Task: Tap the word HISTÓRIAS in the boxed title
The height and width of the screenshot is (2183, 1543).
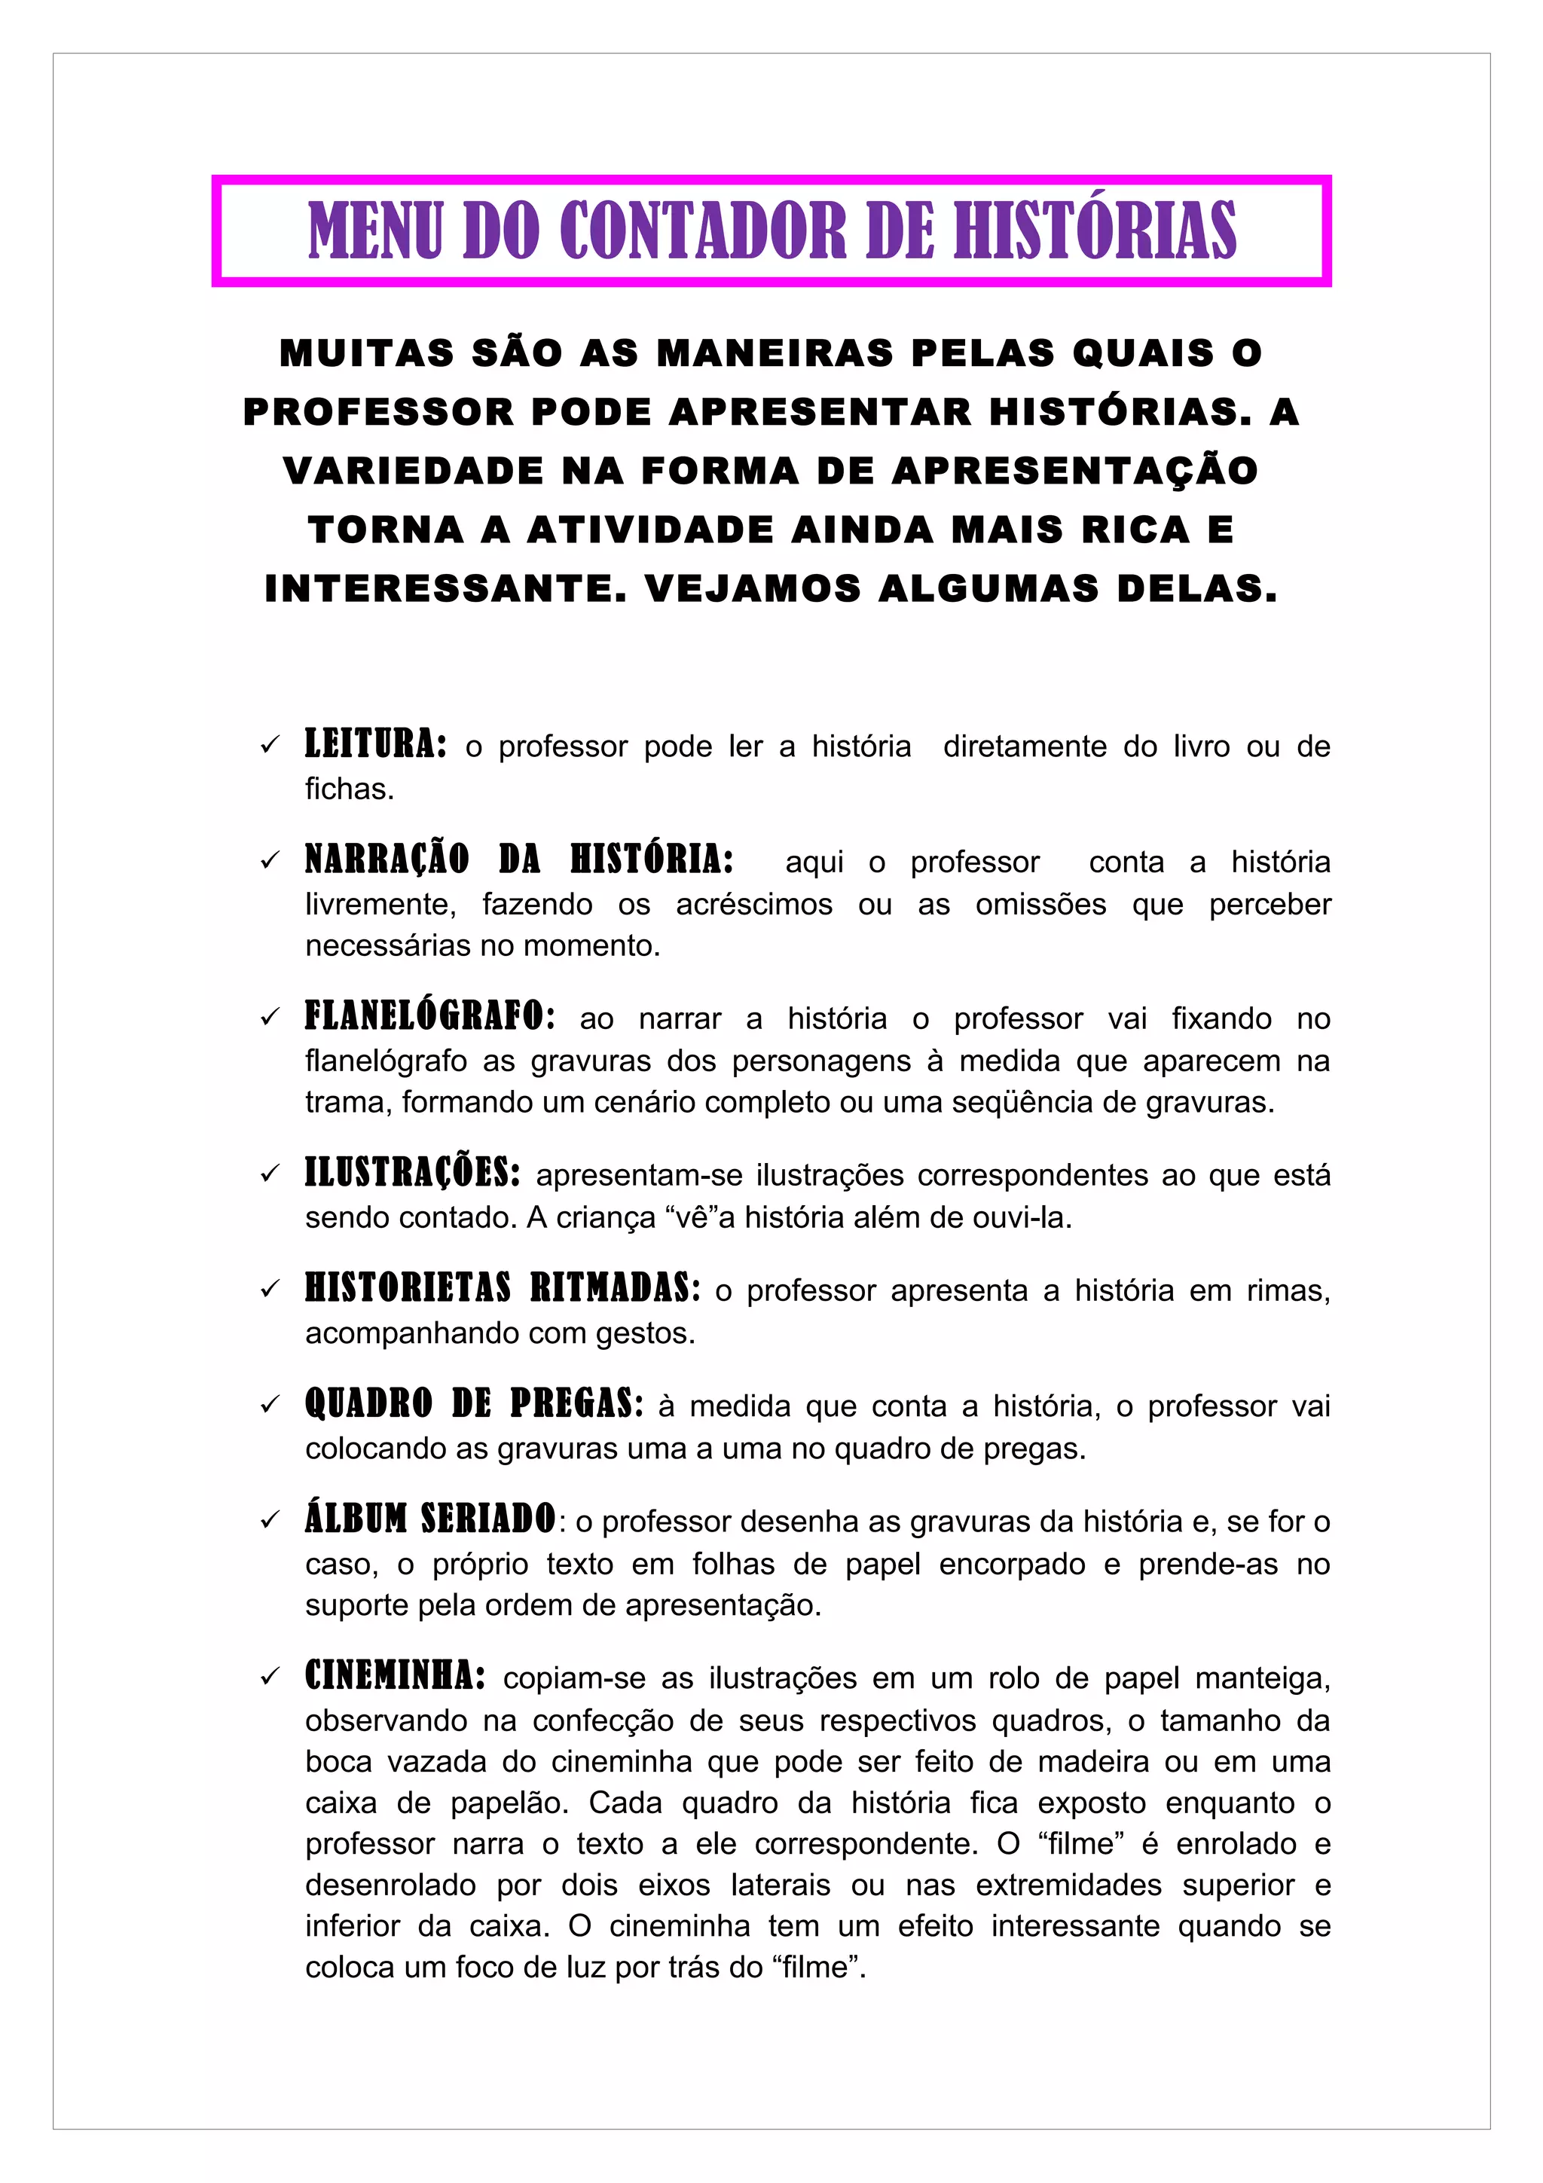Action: tap(1094, 231)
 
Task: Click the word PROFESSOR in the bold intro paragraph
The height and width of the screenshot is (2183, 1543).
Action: tap(377, 412)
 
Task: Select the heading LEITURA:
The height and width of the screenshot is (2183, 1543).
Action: tap(375, 744)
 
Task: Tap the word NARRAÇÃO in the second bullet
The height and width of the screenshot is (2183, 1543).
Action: tap(387, 859)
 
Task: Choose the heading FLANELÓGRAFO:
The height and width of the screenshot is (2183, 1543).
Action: tap(429, 1016)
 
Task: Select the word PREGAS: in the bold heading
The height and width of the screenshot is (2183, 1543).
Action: tap(576, 1404)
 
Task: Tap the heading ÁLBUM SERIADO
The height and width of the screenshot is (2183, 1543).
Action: tap(429, 1519)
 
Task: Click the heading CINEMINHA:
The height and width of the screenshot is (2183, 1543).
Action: tap(395, 1675)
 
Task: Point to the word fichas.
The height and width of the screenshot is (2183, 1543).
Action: tap(349, 789)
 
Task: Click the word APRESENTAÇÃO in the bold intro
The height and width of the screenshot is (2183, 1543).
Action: tap(1074, 471)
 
